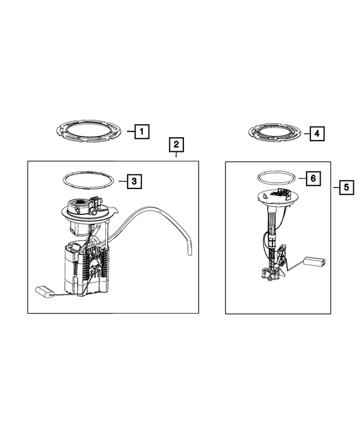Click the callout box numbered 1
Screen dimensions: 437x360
[142, 132]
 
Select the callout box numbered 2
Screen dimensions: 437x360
[176, 146]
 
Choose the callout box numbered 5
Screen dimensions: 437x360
[346, 186]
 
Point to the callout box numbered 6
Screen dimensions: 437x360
[313, 178]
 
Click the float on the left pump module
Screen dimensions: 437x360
[44, 290]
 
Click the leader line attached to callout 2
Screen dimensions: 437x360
[176, 157]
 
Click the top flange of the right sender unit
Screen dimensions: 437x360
[276, 197]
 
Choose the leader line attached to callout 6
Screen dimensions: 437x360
[299, 178]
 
